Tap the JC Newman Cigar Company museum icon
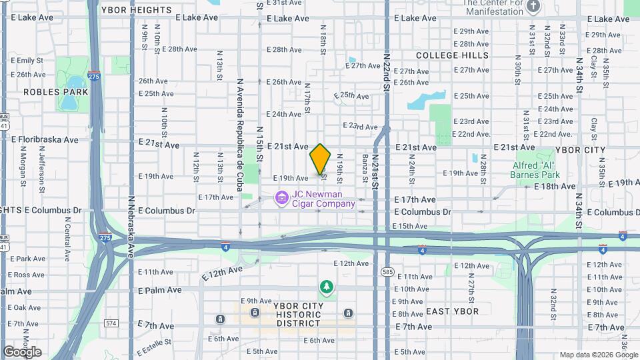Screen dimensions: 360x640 tap(281, 197)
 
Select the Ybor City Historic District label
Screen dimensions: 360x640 tap(299, 315)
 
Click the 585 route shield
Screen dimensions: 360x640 tap(388, 271)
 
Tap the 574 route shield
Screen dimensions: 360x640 tap(111, 323)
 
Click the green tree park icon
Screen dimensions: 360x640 tap(327, 287)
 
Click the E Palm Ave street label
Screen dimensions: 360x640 tap(159, 290)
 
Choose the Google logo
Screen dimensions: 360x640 tap(22, 351)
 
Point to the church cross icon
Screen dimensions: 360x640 tap(533, 7)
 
